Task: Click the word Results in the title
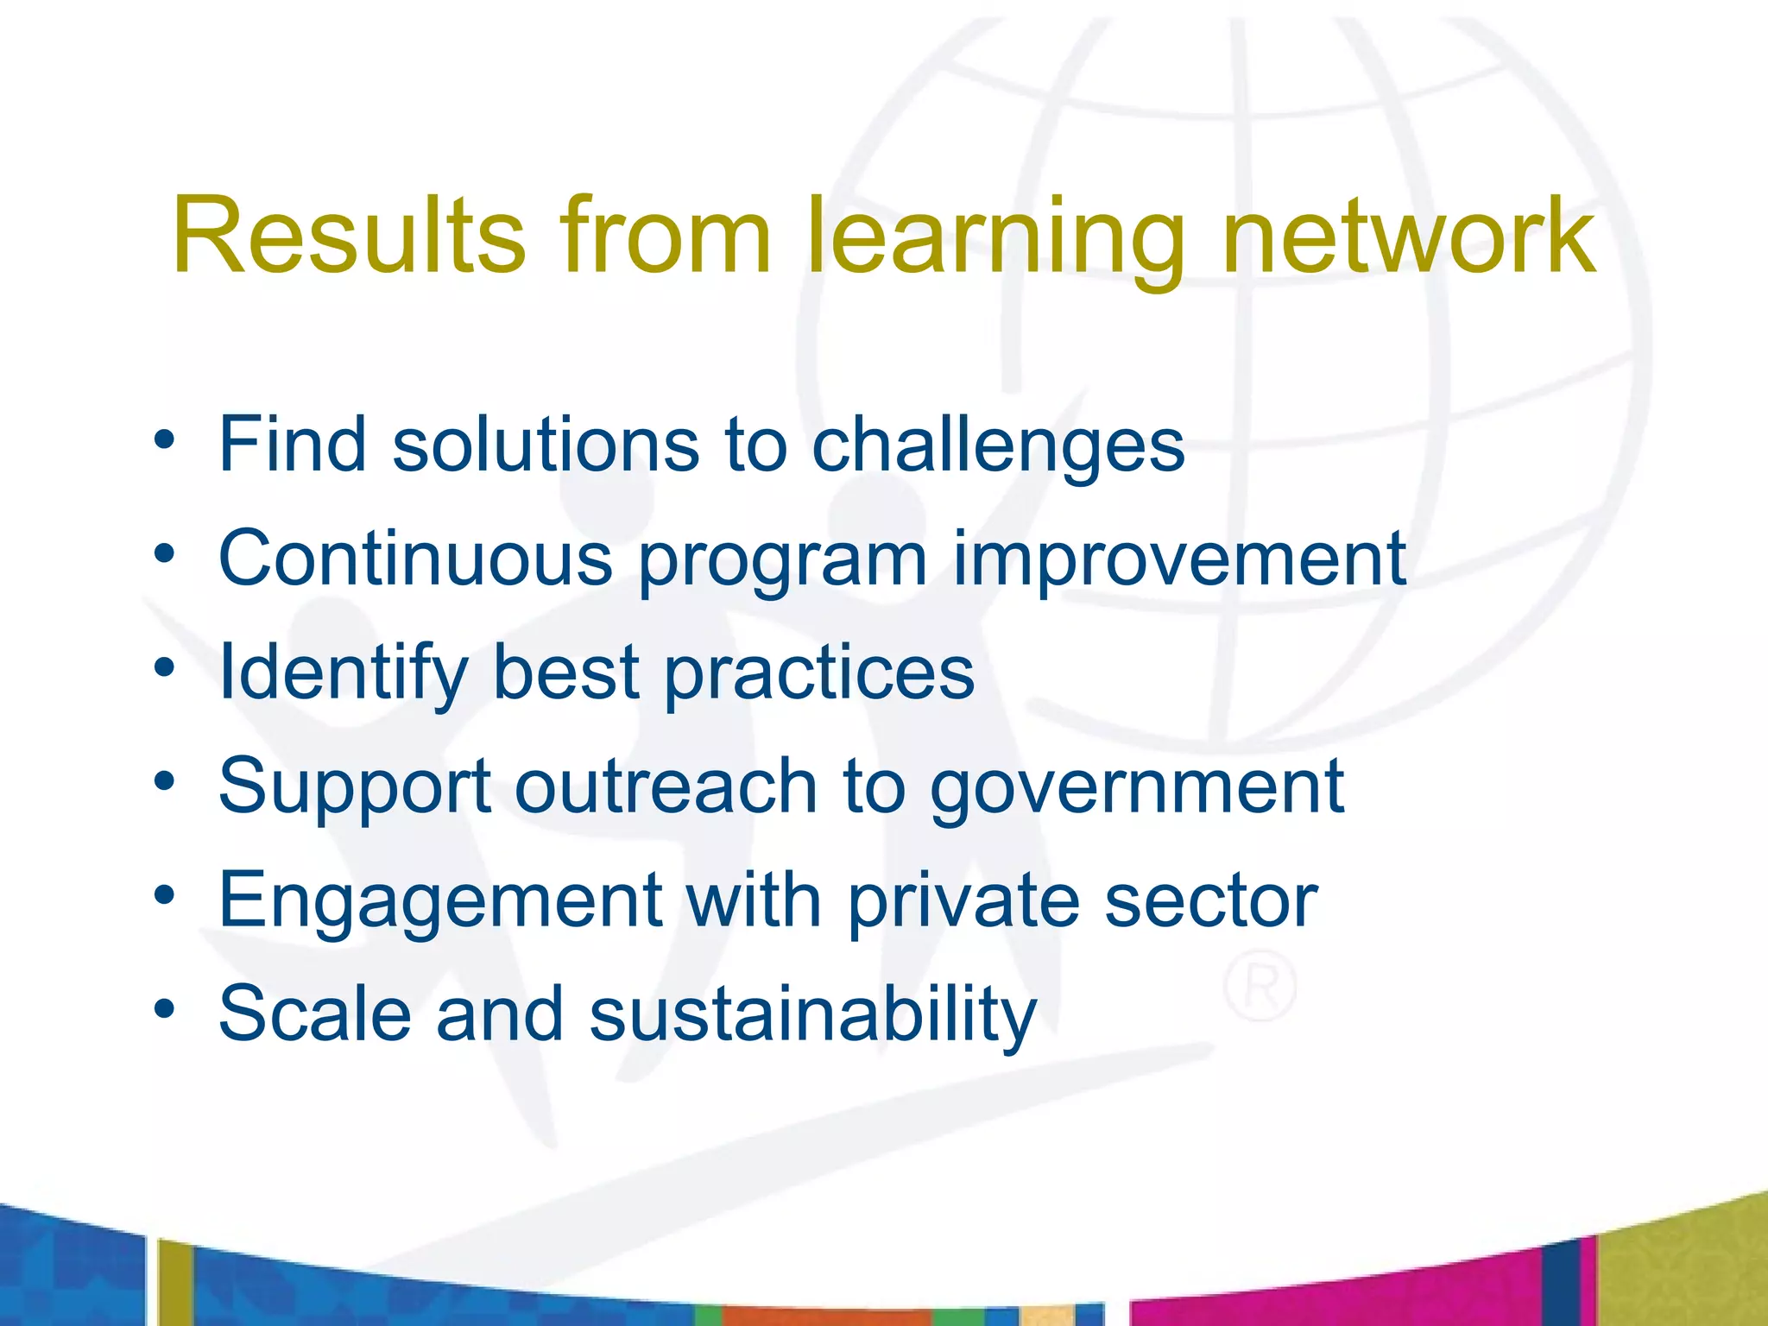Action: tap(349, 235)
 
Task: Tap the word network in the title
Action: tap(1409, 235)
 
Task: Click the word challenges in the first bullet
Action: tap(998, 447)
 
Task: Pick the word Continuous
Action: tap(415, 559)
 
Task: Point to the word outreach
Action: tap(666, 786)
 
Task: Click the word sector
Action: tap(1211, 901)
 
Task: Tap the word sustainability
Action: tap(812, 1015)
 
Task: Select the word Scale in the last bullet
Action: tap(315, 1013)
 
